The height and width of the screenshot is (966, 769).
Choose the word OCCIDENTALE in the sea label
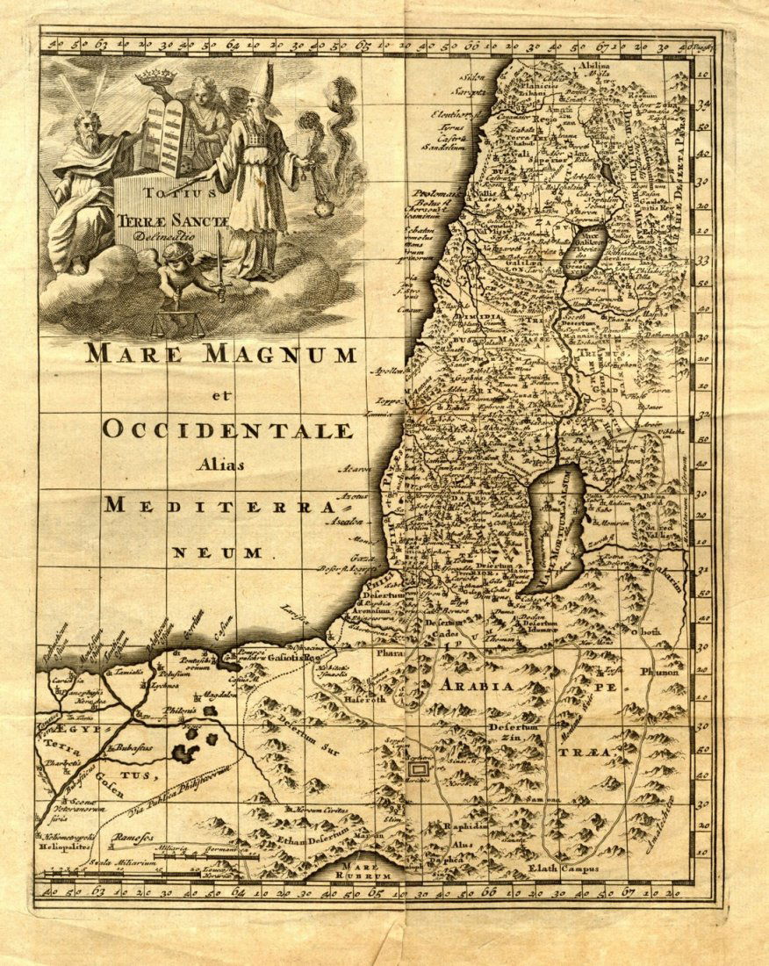tap(227, 429)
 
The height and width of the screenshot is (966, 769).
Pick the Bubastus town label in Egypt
tap(132, 747)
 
